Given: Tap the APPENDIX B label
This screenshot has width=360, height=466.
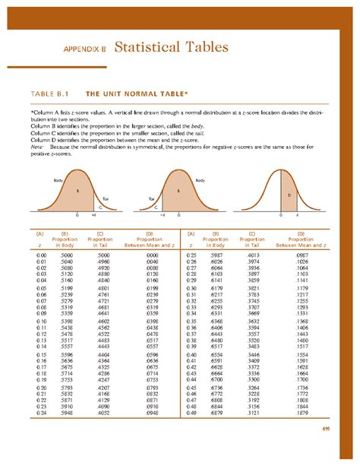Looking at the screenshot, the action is [84, 51].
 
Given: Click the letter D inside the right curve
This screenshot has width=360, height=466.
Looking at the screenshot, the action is [289, 195].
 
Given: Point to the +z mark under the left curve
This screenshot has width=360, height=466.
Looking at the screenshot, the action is [93, 216].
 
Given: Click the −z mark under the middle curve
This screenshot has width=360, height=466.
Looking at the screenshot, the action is [162, 216].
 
